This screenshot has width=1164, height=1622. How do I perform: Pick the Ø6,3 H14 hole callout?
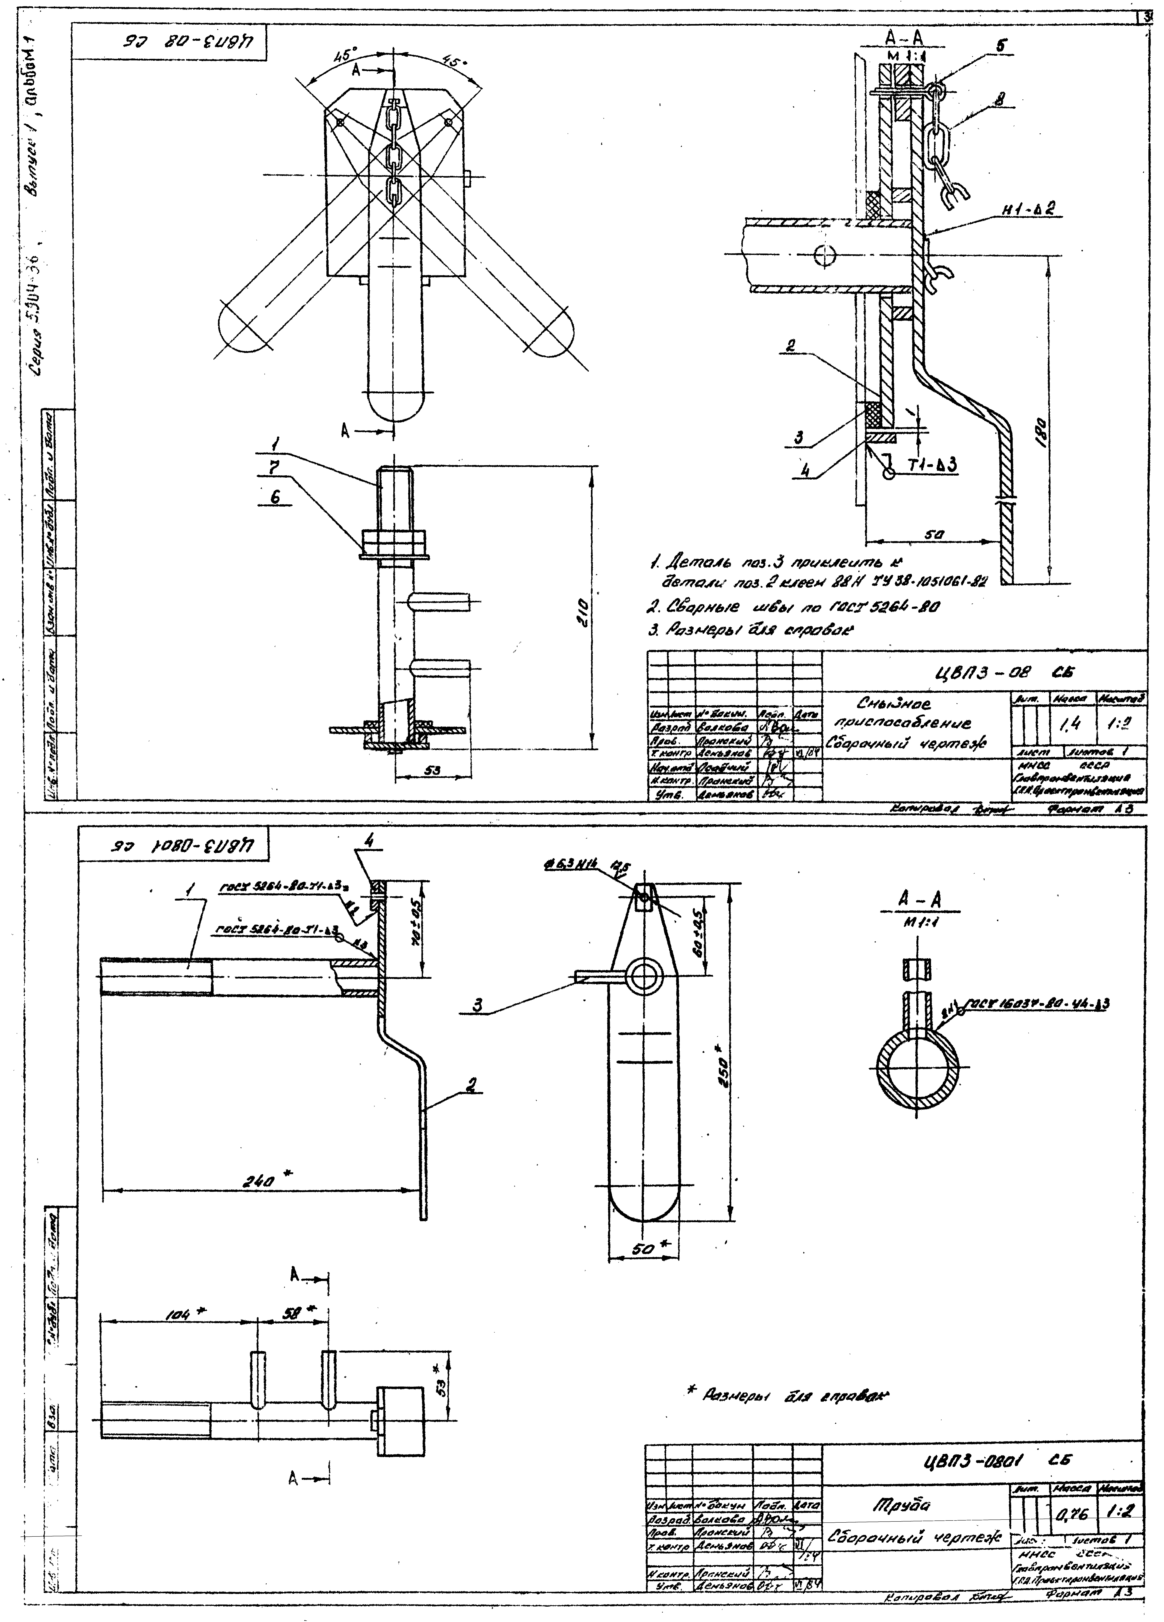(572, 865)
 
